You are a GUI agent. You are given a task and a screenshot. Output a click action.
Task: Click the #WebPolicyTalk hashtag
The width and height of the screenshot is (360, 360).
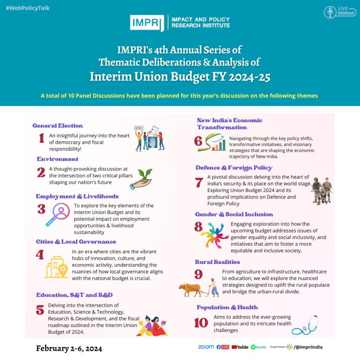click(x=28, y=8)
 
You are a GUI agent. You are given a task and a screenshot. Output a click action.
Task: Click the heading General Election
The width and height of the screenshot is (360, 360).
click(x=58, y=126)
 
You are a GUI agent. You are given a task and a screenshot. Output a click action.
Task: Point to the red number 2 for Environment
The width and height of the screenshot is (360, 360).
click(x=41, y=172)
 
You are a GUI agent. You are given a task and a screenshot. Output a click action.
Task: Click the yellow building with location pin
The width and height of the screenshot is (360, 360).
click(x=56, y=267)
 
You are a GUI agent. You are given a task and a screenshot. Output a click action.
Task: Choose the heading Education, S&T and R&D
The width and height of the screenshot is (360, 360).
click(x=75, y=295)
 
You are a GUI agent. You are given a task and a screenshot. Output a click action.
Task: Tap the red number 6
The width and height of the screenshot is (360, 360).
click(x=198, y=141)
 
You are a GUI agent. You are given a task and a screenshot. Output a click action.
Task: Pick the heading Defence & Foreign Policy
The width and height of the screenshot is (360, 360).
click(x=234, y=168)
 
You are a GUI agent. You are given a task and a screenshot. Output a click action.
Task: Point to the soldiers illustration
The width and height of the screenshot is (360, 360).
click(x=321, y=190)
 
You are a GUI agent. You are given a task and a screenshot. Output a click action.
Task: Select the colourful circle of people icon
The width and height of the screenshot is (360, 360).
click(x=215, y=234)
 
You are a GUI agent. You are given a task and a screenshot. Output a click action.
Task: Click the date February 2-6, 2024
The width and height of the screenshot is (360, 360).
click(x=69, y=348)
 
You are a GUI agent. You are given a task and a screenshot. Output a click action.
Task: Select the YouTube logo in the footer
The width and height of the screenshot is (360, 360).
click(x=240, y=347)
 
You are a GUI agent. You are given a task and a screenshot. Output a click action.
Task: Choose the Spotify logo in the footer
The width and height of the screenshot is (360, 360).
click(x=258, y=347)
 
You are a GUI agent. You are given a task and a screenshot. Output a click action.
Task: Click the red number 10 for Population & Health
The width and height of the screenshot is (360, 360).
click(x=201, y=322)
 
